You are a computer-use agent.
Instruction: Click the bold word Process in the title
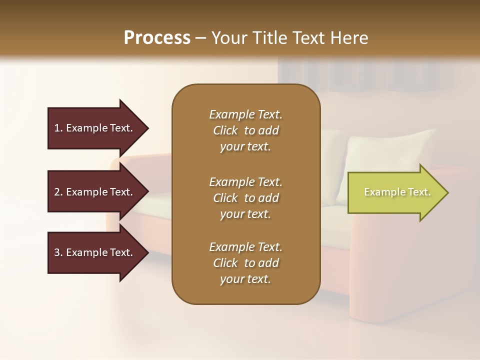coord(157,38)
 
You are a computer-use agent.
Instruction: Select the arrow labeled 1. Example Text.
coord(95,128)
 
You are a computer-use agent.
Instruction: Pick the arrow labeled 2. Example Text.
coord(95,192)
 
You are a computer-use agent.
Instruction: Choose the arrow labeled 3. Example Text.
coord(95,252)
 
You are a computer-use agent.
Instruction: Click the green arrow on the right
coord(395,192)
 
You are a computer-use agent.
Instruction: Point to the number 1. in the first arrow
coord(58,128)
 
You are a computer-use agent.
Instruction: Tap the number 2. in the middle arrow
coord(58,192)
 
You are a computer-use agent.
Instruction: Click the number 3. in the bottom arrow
coord(58,252)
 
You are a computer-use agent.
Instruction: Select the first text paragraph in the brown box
coord(245,130)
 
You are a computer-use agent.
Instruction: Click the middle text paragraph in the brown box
coord(245,198)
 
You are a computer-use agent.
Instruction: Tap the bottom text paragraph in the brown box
coord(245,263)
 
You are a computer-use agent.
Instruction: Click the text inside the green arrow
coord(397,192)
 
